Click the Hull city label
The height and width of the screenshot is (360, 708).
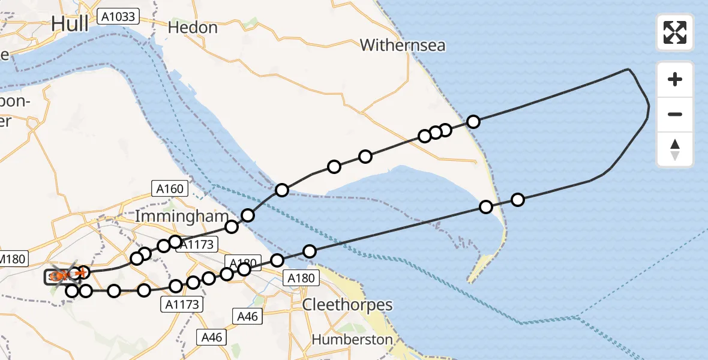pos(70,23)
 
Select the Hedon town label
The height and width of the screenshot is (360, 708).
pos(192,28)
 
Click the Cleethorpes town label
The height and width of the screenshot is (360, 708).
pos(347,305)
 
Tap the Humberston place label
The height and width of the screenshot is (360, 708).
pos(352,340)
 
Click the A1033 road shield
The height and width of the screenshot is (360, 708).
pos(118,17)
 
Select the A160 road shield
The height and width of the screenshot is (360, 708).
pos(170,189)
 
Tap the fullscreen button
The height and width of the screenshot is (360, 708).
pos(675,32)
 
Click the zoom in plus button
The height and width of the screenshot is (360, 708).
pos(675,79)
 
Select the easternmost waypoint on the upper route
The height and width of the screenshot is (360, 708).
pos(473,122)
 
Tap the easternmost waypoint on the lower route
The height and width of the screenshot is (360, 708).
pos(517,200)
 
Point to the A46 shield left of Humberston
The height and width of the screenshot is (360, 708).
pos(212,337)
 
